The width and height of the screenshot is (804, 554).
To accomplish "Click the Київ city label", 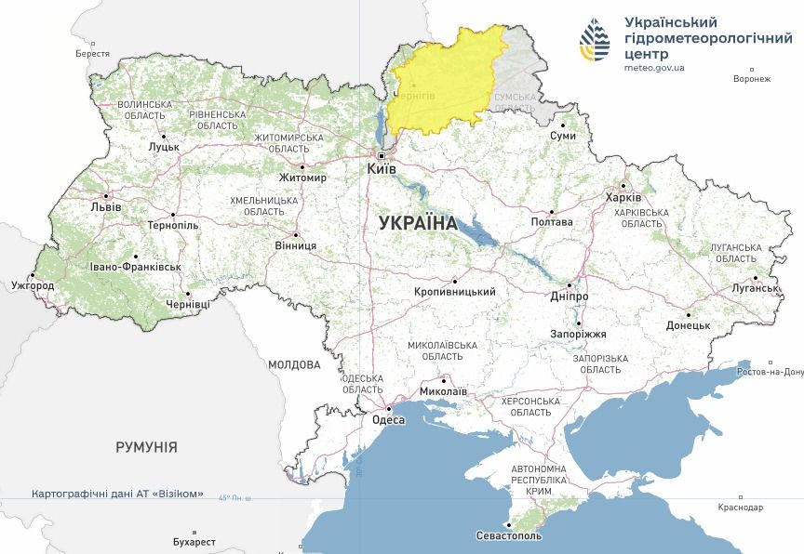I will [x=382, y=170].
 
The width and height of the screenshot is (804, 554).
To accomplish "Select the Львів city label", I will [x=105, y=206].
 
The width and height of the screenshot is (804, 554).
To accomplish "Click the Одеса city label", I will [x=388, y=420].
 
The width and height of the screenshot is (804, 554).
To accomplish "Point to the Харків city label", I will [x=623, y=198].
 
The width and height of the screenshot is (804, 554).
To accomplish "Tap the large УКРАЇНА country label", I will [x=418, y=223].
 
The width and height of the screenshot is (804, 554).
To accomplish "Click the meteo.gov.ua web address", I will [x=654, y=68].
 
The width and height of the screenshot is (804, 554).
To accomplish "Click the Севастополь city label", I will [x=508, y=536].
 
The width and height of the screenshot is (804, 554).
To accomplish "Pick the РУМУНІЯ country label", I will [x=146, y=447].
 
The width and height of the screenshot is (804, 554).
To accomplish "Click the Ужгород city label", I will [x=33, y=285].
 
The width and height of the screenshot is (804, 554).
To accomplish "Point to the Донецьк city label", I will [x=688, y=326].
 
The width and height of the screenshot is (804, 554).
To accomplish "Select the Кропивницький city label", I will [x=455, y=292].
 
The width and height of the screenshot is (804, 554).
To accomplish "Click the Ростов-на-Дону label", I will [x=769, y=372].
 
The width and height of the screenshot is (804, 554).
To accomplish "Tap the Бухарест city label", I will [x=194, y=541].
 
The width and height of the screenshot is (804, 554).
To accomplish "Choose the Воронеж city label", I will [x=752, y=79].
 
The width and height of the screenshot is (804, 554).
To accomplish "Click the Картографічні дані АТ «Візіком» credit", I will [x=117, y=494].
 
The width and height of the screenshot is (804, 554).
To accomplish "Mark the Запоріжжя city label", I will [x=578, y=334].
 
